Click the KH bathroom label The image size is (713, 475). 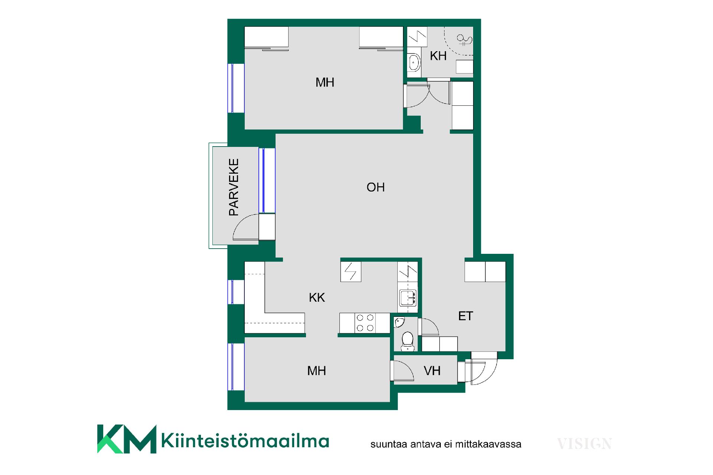click(438, 56)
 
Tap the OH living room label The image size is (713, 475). click(375, 187)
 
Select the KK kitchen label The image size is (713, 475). click(317, 297)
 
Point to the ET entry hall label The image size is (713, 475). click(466, 316)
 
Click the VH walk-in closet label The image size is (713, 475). click(432, 370)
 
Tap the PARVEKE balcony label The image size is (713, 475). click(234, 187)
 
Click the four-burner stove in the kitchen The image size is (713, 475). click(365, 323)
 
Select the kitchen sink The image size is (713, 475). click(408, 298)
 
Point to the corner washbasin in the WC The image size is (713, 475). click(399, 322)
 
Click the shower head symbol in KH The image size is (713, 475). click(464, 39)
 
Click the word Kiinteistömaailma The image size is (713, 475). click(245, 440)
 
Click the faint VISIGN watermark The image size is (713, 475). click(584, 444)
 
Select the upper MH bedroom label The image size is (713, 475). click(325, 82)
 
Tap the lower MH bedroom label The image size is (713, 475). click(316, 370)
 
